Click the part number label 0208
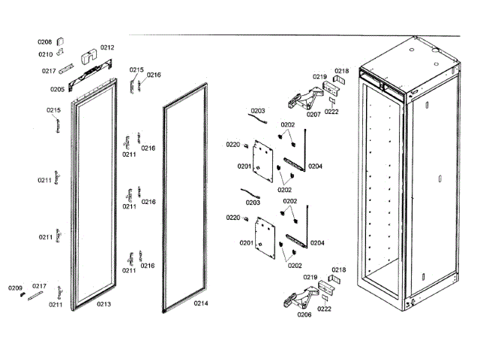pos(44,42)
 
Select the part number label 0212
pos(107,47)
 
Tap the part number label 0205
pos(58,88)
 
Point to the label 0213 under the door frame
pos(103,304)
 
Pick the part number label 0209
pos(15,288)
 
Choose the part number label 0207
pos(313,115)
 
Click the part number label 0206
pos(304,315)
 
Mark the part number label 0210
pos(45,54)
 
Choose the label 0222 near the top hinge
pos(331,111)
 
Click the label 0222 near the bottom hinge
pos(325,307)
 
